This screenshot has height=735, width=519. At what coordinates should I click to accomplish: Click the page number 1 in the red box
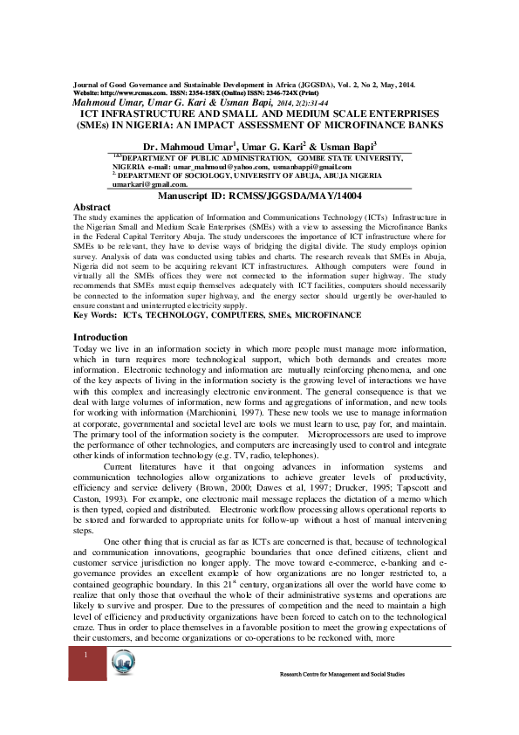(86, 678)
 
